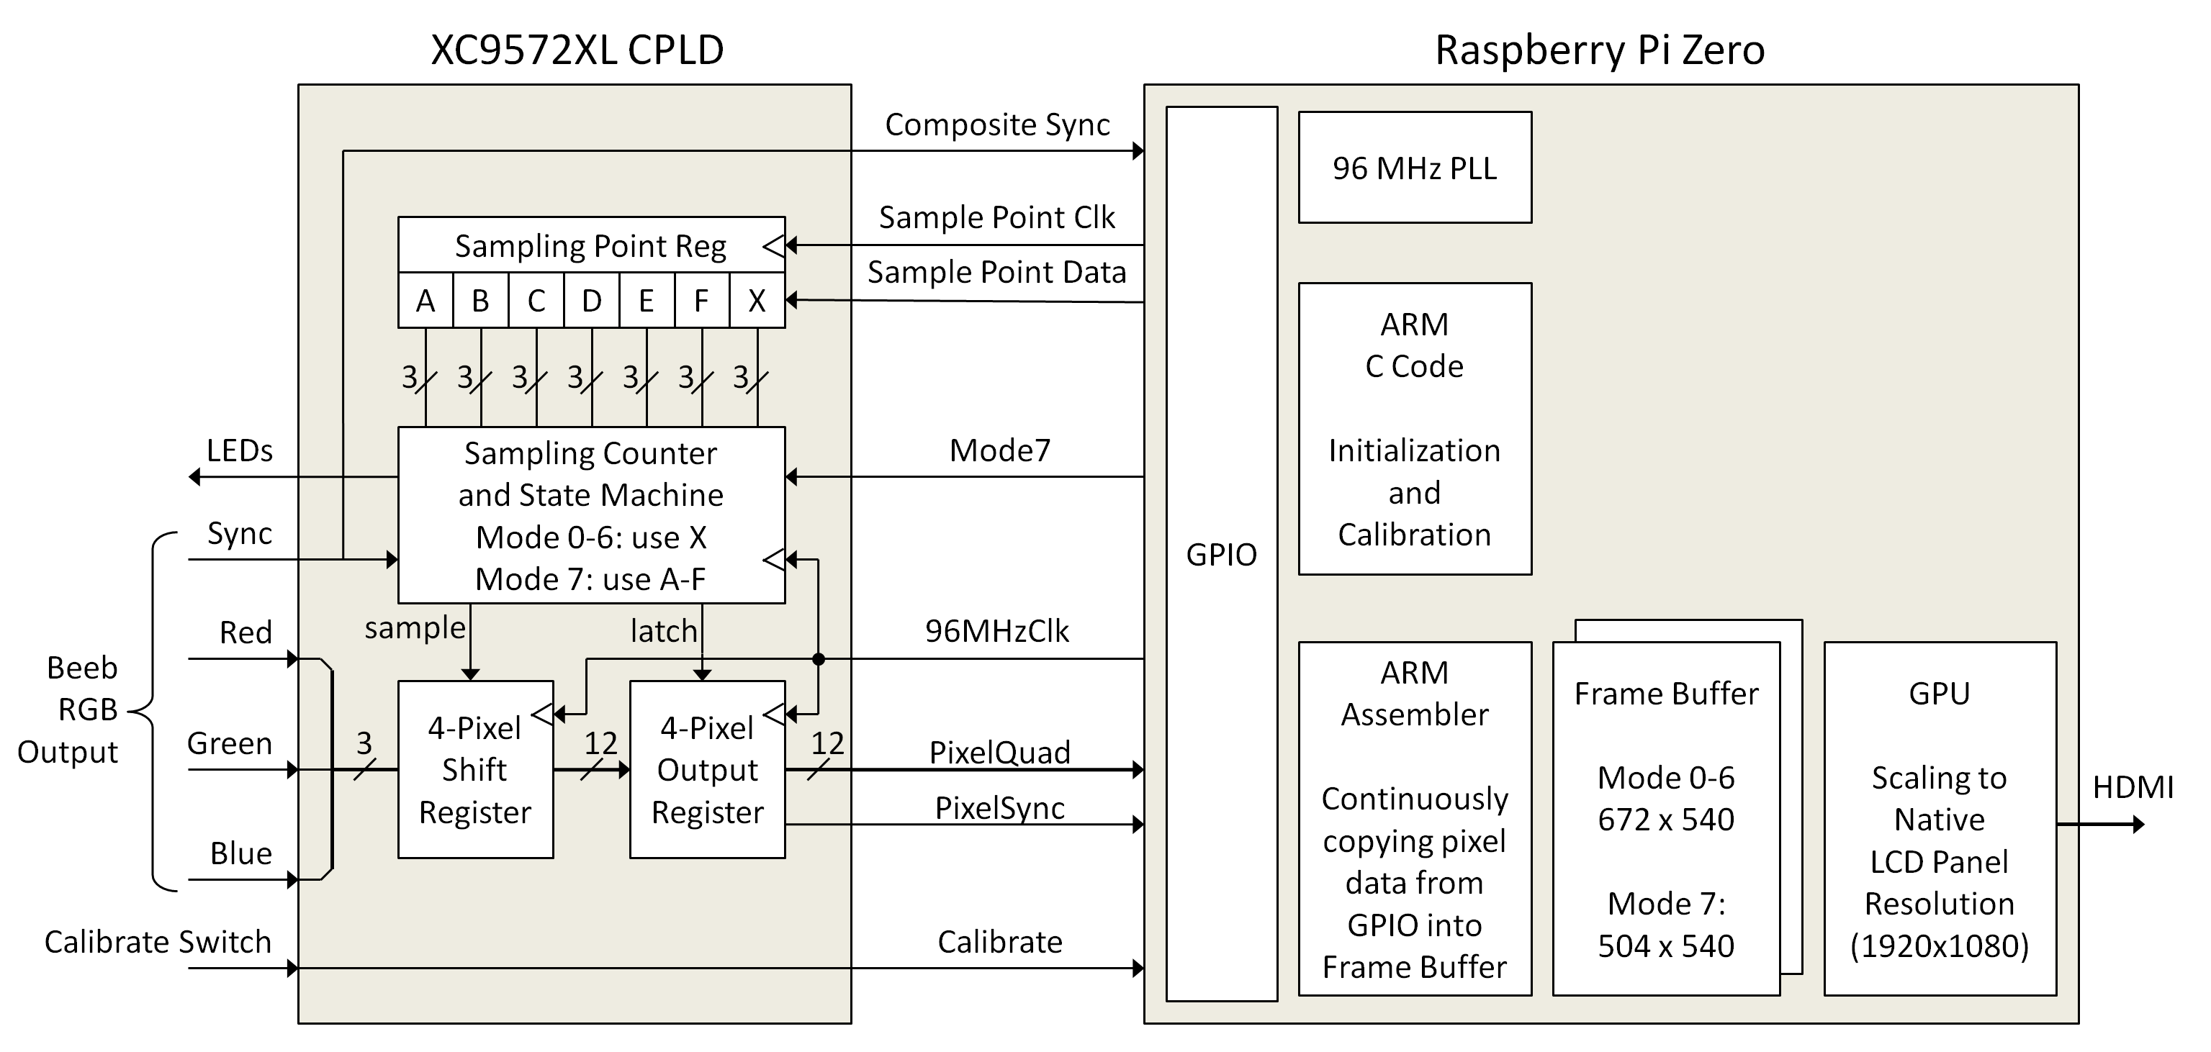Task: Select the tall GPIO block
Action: (1220, 553)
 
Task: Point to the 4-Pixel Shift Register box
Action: (474, 770)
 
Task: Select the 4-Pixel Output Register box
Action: (707, 770)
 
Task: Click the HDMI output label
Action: (2132, 787)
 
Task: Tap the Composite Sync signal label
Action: (996, 124)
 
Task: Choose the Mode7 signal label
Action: (1000, 450)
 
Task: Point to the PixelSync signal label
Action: (999, 808)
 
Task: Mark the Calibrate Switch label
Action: (158, 942)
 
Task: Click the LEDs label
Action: (240, 450)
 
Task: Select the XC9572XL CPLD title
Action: (577, 50)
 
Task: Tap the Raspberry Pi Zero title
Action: (1599, 50)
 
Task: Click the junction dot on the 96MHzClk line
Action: (818, 659)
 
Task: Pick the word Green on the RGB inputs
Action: (229, 743)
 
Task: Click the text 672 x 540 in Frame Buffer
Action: (1665, 820)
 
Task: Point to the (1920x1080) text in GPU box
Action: (1939, 946)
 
